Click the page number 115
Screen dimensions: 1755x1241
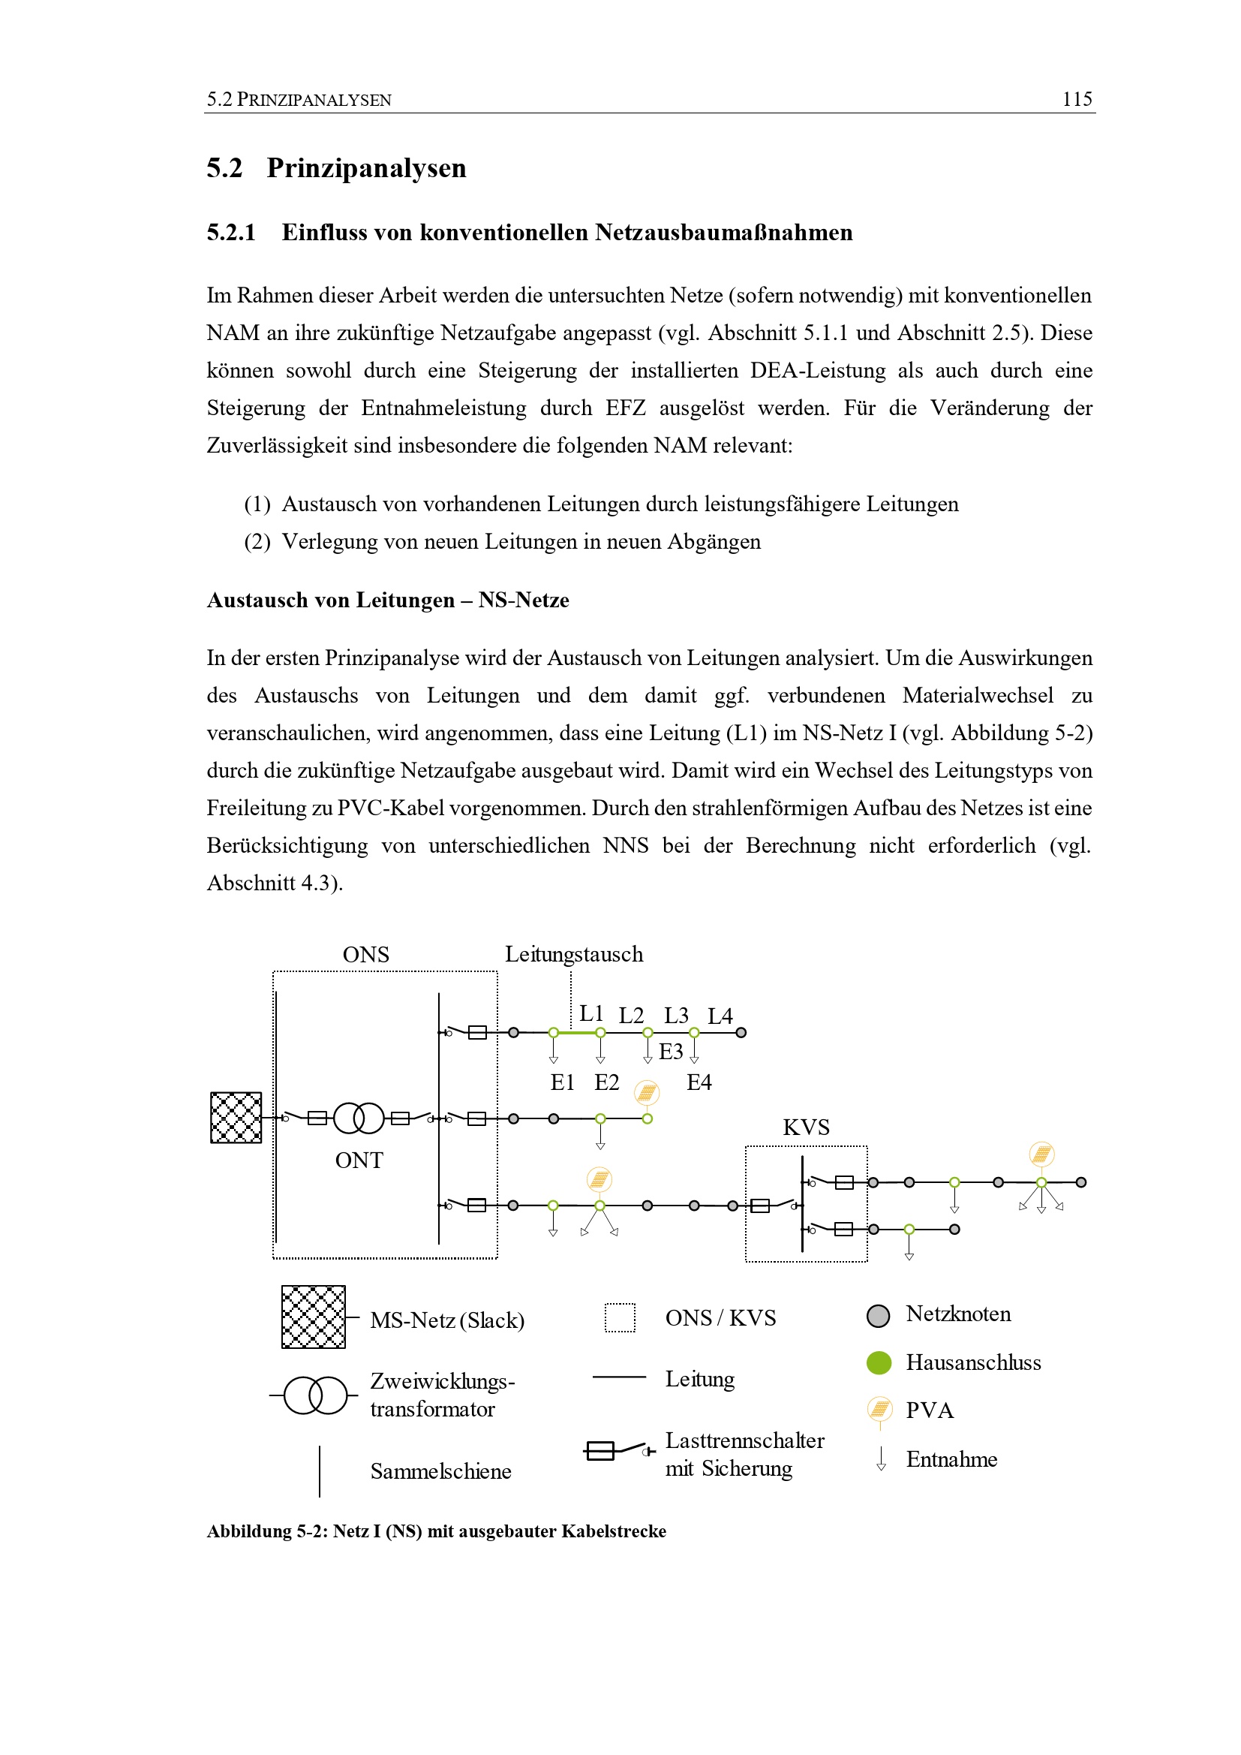1076,99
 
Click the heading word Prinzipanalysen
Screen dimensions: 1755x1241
366,168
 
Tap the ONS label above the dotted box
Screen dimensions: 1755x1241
365,955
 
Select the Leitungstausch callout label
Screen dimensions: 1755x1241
574,955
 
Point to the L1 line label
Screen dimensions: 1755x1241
590,1013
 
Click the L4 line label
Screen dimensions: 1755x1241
720,1016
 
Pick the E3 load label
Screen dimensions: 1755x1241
670,1052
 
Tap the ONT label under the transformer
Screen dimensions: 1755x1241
359,1160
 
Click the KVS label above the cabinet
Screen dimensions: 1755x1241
805,1127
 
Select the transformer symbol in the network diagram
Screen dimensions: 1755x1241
359,1118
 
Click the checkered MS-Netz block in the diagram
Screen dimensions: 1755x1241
236,1118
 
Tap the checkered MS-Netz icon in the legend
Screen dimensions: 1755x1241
314,1317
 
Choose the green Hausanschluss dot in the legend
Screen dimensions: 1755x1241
879,1362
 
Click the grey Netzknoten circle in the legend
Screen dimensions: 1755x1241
878,1315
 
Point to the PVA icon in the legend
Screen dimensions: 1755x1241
879,1409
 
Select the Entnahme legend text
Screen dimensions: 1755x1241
951,1459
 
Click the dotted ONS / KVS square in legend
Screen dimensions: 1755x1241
620,1318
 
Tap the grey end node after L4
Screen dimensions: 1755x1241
741,1033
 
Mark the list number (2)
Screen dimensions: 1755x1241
257,542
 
